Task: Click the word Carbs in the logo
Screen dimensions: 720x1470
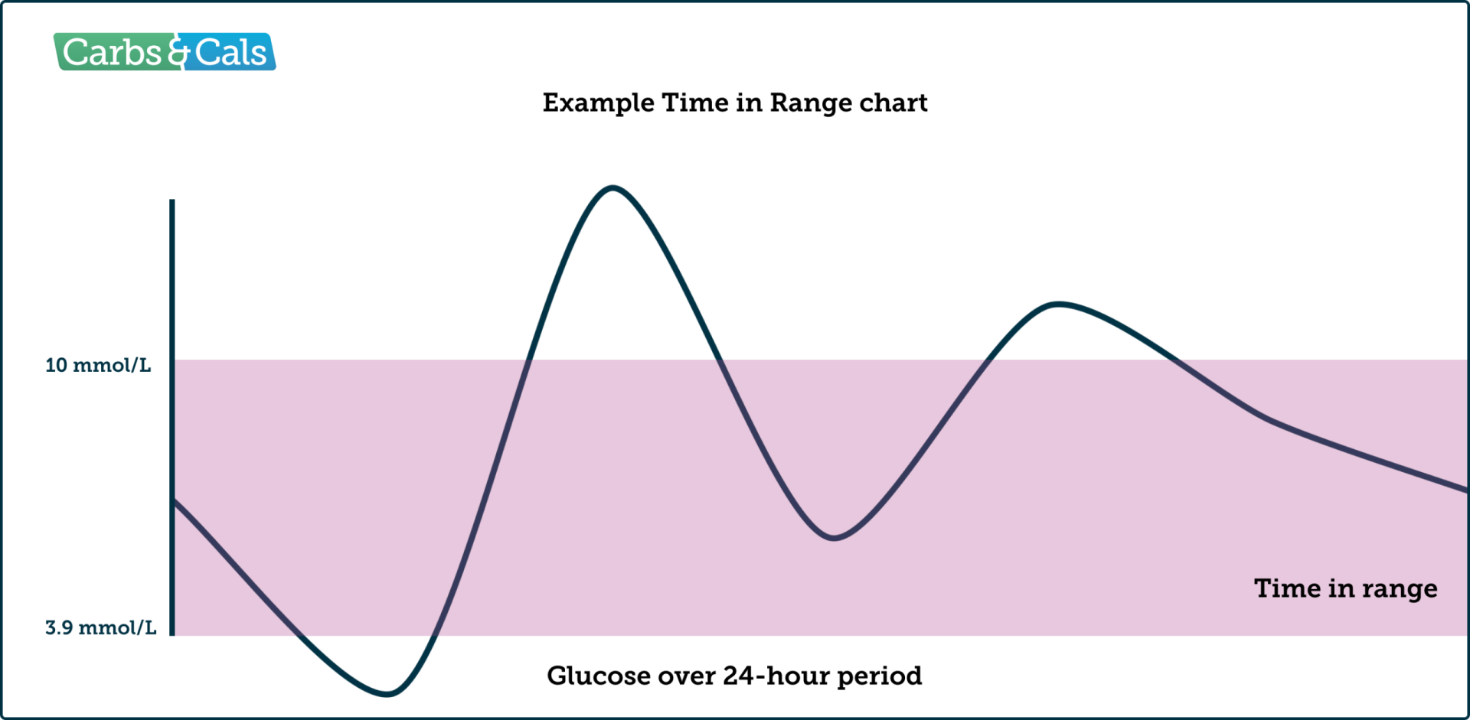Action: [x=112, y=53]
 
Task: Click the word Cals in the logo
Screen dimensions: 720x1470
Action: [x=230, y=53]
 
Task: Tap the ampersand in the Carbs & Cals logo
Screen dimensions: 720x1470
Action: [x=178, y=53]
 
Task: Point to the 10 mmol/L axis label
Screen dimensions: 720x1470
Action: [x=98, y=366]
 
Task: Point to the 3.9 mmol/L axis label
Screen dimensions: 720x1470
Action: [x=100, y=628]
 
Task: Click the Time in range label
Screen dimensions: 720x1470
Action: [x=1345, y=588]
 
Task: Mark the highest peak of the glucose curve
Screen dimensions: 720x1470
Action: [x=613, y=187]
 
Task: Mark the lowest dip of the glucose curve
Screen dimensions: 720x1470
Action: [x=387, y=694]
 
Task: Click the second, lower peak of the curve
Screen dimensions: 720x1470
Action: [x=1058, y=304]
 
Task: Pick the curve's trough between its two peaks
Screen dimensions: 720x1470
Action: [x=834, y=538]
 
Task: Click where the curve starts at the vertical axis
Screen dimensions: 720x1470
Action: [x=174, y=500]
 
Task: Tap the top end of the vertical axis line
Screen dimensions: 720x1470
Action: [x=172, y=201]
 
